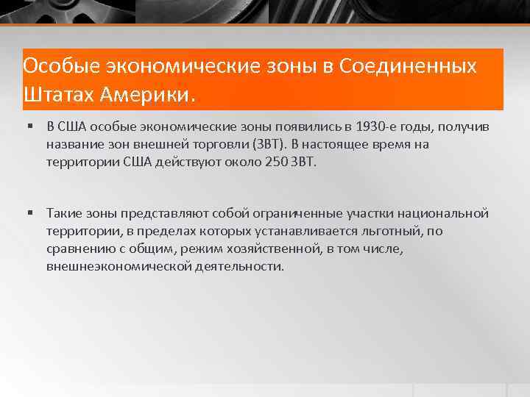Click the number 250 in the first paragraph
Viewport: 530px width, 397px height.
click(x=275, y=162)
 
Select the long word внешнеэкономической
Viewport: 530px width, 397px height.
click(x=119, y=267)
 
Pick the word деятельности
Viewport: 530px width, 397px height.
click(x=239, y=267)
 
